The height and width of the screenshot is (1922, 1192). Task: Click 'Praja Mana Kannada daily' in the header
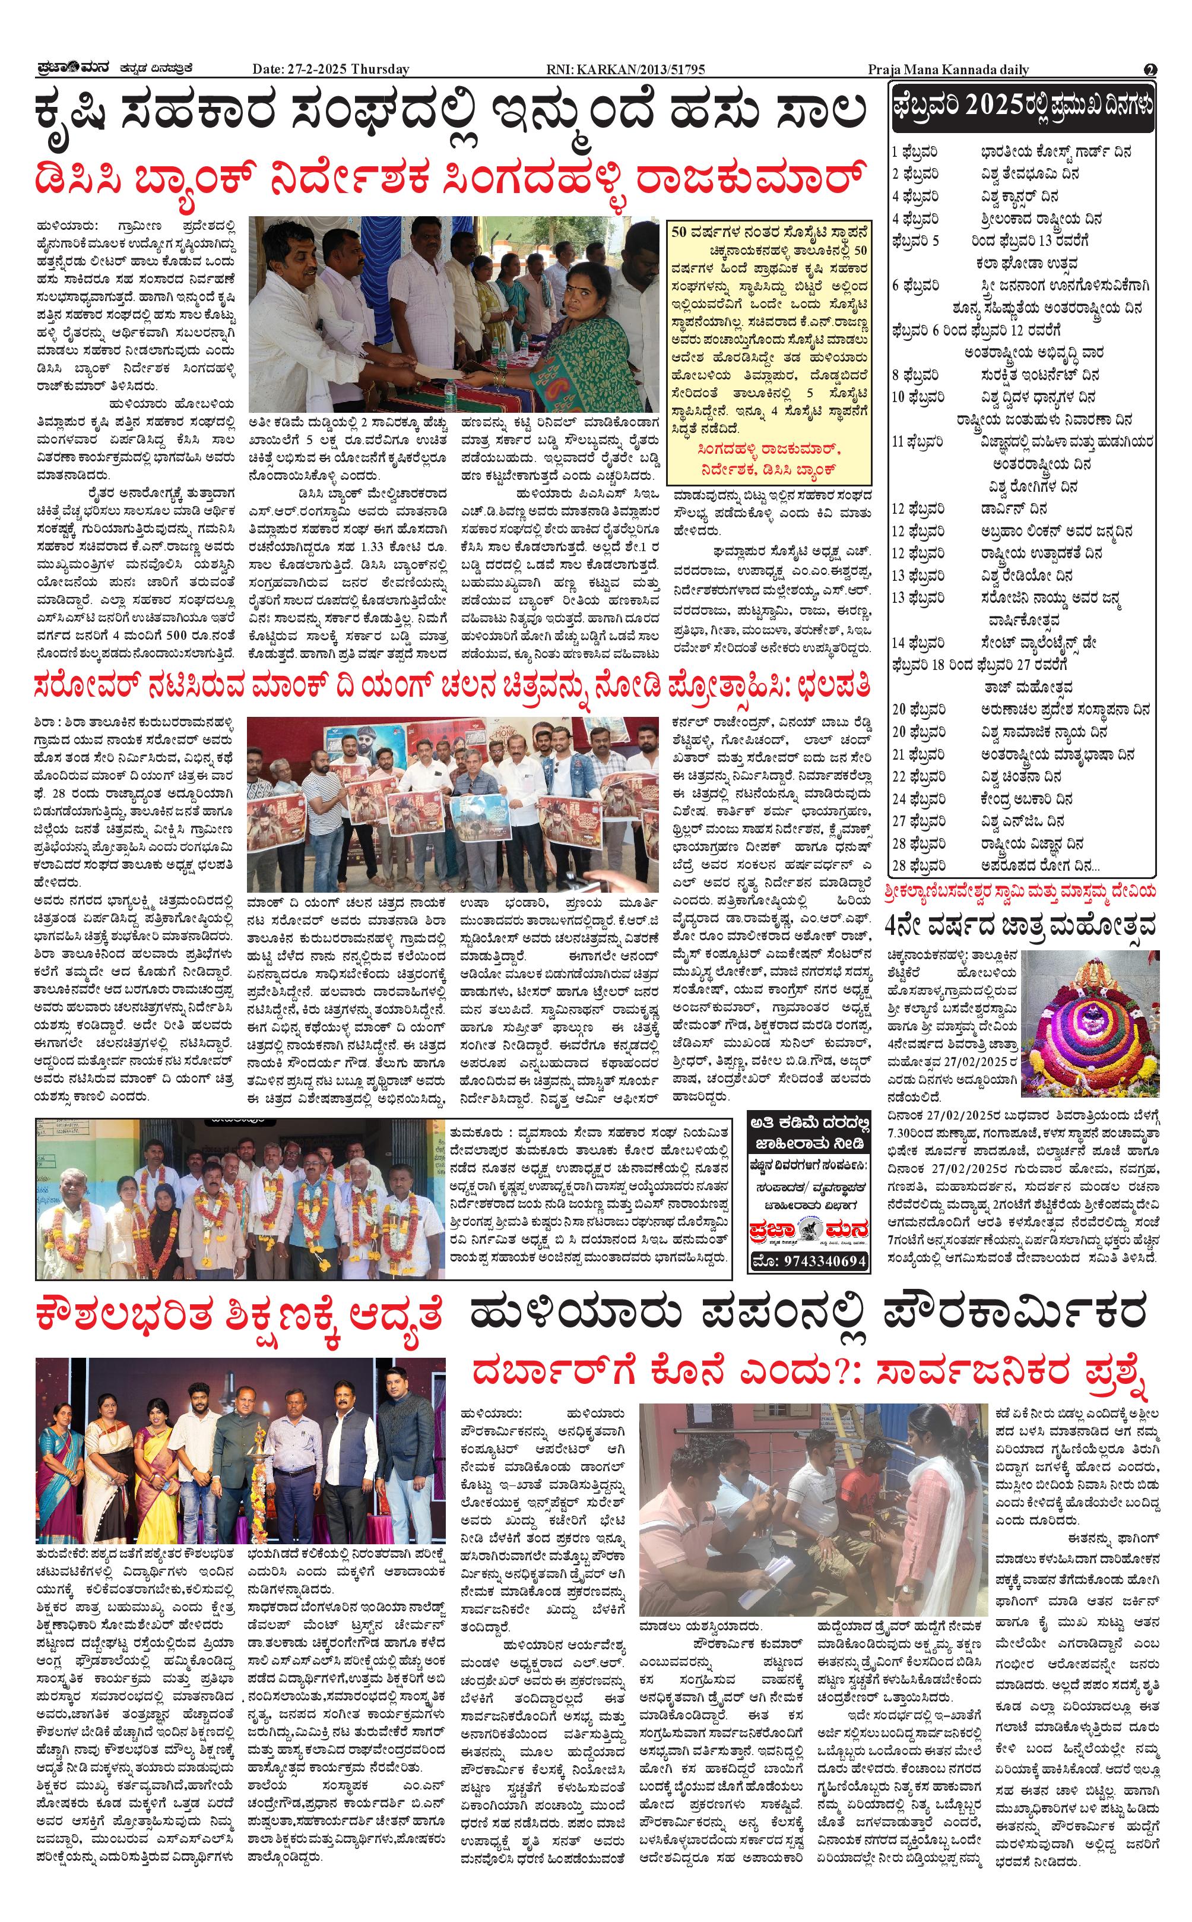coord(949,69)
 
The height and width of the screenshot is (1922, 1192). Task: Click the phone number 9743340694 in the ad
coord(810,1261)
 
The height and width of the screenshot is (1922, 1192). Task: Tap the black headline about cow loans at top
coord(451,110)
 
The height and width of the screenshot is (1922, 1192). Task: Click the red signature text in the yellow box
coord(769,460)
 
